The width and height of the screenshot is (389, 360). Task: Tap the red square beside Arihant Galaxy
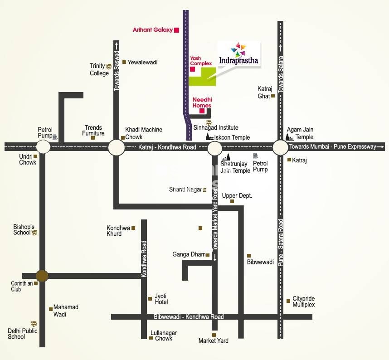177,30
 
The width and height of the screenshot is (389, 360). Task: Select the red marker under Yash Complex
192,69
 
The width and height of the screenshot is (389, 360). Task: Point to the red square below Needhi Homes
202,111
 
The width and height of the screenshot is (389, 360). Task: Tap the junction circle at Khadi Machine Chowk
116,147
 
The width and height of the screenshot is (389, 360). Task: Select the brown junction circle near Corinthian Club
42,275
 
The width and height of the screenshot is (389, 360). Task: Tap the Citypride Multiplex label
303,302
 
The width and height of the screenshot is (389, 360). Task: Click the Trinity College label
98,69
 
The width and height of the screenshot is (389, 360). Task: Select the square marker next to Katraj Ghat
273,96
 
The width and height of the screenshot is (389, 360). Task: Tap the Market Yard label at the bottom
214,341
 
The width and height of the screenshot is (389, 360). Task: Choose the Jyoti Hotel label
161,298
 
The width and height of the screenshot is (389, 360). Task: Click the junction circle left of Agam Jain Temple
280,147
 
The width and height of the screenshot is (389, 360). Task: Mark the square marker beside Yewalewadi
124,62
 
